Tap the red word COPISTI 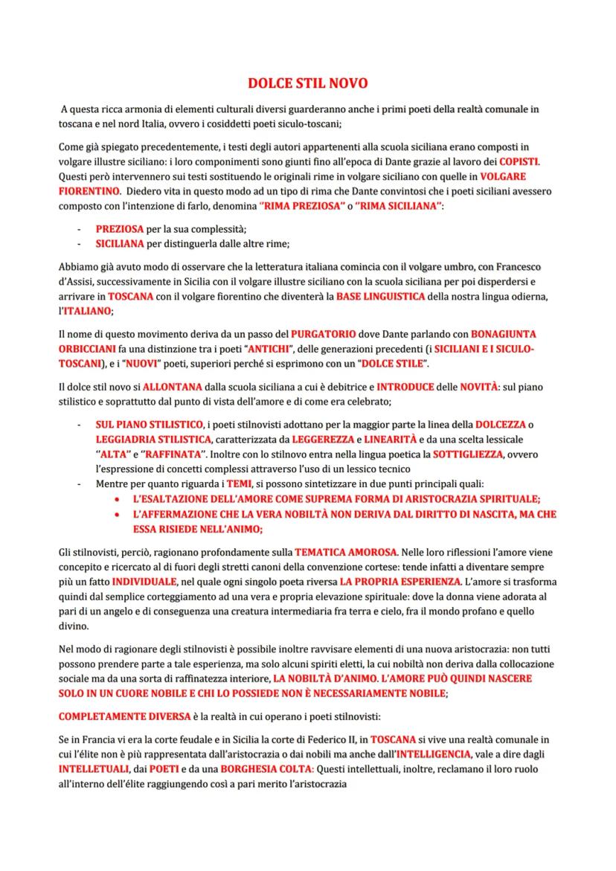[x=519, y=161]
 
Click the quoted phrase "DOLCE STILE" [x=394, y=364]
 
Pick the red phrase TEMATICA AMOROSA [x=347, y=552]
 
